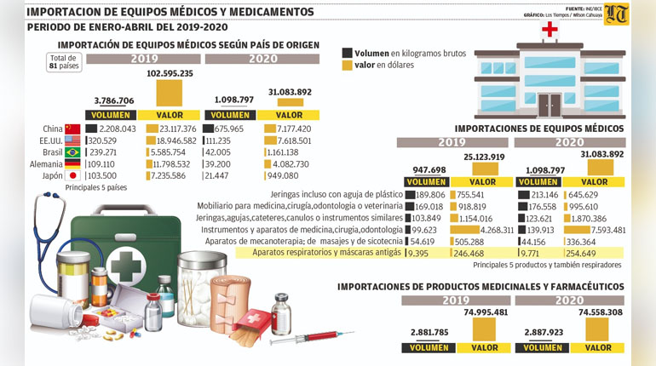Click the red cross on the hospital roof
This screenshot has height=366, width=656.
coord(550,30)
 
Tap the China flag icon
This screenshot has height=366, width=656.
coord(72,129)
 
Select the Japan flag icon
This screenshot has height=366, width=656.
coord(72,174)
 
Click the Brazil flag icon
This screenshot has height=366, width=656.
coord(72,152)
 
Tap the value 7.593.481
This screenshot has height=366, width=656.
coord(601,230)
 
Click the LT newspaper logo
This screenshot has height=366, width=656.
coord(617,14)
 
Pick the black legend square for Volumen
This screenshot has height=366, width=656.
coord(347,53)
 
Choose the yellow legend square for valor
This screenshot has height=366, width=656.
coord(347,65)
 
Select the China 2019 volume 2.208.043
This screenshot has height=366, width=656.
coord(112,129)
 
